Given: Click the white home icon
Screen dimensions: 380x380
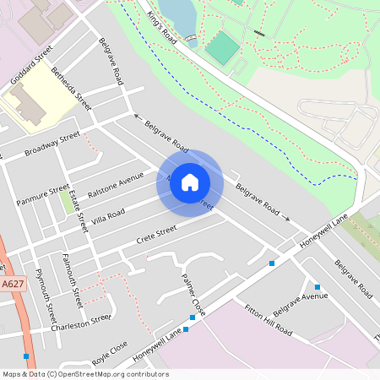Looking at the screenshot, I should click(x=190, y=182).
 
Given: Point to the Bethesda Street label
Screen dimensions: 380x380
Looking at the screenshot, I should click(x=71, y=89).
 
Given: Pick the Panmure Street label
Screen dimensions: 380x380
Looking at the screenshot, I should click(x=42, y=195).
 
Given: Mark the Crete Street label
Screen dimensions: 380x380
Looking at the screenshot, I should click(x=156, y=231).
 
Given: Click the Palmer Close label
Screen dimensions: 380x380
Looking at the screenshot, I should click(x=193, y=290).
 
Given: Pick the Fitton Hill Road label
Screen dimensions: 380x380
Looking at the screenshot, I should click(x=268, y=319).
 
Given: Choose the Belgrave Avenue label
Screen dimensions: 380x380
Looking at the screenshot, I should click(x=300, y=300).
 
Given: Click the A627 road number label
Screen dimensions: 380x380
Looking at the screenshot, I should click(x=12, y=285).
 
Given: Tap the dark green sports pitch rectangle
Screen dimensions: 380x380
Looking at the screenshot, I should click(x=222, y=48).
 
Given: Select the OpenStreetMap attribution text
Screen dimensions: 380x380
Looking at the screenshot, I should click(x=85, y=373).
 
